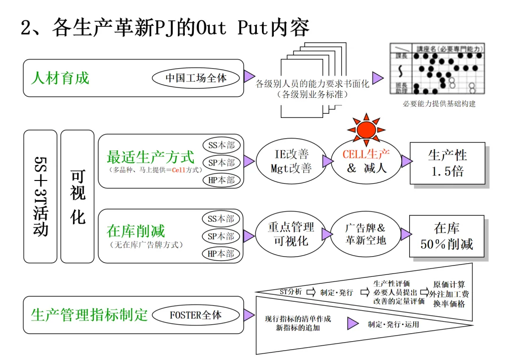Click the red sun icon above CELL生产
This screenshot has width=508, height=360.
[x=366, y=129]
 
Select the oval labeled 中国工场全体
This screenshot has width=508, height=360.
[x=196, y=78]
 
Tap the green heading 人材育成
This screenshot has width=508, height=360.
[x=60, y=78]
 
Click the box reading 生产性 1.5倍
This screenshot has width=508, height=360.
[x=447, y=163]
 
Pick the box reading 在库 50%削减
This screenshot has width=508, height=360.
[x=446, y=236]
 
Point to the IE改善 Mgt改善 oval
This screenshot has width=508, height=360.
[x=291, y=161]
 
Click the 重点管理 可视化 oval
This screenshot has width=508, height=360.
[x=291, y=234]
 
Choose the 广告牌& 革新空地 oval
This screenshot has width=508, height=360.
[x=365, y=234]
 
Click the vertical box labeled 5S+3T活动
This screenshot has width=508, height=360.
[x=40, y=196]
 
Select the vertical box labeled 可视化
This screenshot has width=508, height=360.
[x=77, y=196]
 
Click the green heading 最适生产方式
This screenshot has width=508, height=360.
[x=151, y=156]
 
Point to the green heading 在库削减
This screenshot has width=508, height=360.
[x=136, y=231]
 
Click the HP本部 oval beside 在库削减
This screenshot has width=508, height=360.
[x=221, y=254]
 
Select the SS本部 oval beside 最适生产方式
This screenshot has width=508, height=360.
[x=221, y=145]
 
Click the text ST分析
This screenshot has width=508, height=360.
[x=290, y=292]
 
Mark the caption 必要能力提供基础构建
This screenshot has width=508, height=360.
[x=439, y=103]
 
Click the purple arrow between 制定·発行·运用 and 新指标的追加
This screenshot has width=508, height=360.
[x=353, y=323]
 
